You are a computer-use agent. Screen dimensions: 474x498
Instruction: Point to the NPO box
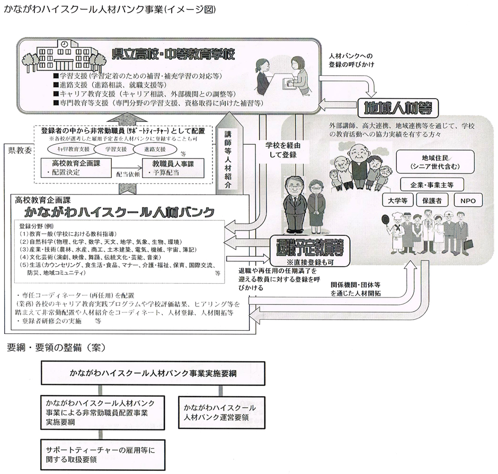coord(468,201)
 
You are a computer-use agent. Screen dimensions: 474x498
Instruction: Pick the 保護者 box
coord(432,201)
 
